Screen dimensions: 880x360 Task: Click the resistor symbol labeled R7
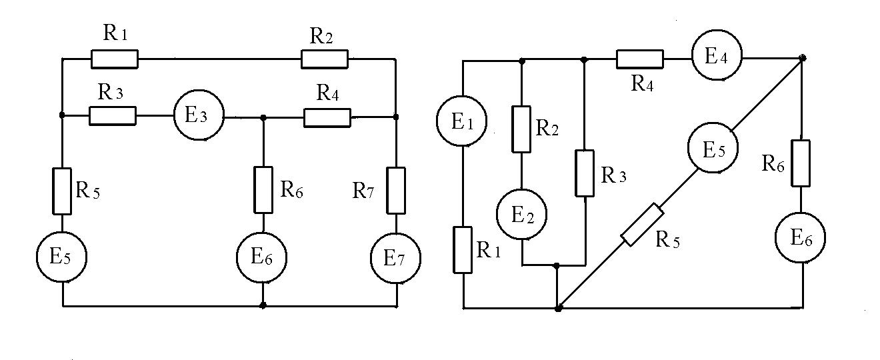[x=396, y=191]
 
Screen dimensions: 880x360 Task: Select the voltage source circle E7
[x=395, y=258]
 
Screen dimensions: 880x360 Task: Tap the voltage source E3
[x=199, y=115]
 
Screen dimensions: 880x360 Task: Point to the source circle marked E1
[x=461, y=121]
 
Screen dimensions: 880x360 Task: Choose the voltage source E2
[x=522, y=214]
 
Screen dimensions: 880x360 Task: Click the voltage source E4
[x=717, y=55]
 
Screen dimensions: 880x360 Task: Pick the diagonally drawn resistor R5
[x=643, y=225]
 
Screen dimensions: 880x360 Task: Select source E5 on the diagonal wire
[x=713, y=147]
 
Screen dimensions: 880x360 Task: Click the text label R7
[x=363, y=191]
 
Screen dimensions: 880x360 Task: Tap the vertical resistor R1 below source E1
[x=463, y=249]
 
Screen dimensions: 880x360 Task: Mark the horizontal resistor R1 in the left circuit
[x=115, y=59]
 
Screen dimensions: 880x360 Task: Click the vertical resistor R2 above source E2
[x=521, y=129]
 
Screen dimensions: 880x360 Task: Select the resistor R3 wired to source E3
[x=113, y=116]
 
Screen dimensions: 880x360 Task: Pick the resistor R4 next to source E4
[x=640, y=59]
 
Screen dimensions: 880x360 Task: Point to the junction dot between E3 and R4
[x=263, y=117]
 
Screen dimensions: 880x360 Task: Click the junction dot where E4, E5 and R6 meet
[x=803, y=58]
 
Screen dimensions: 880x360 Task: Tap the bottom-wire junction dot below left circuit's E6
[x=263, y=305]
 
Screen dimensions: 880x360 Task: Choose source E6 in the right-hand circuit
[x=800, y=237]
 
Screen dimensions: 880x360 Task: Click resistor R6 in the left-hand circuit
[x=263, y=190]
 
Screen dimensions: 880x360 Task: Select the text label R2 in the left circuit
[x=321, y=36]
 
